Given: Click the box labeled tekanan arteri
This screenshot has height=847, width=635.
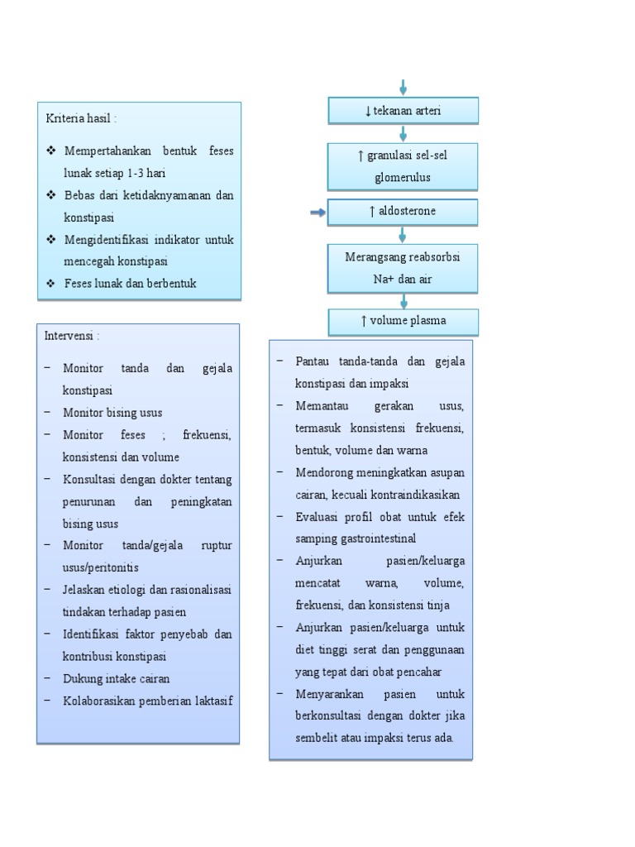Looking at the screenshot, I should pos(403,111).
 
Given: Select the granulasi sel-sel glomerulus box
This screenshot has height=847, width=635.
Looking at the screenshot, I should pos(403,165).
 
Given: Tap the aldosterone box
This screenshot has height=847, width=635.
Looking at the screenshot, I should pos(403,212).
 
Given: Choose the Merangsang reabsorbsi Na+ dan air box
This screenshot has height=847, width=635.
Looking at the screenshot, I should pos(403,268).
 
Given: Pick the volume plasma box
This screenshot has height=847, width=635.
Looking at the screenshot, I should pos(403,322).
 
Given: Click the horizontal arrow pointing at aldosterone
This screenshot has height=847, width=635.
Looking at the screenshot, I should pos(317,213).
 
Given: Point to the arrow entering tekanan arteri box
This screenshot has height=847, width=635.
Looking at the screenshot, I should pos(403,88).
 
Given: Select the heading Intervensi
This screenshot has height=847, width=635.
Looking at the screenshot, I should pos(73,337).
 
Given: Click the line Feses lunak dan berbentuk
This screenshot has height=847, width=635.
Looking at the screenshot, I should pos(130,283).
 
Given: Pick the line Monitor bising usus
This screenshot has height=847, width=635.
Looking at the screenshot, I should pos(112,412).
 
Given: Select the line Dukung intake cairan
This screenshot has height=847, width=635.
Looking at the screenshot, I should pos(116,678).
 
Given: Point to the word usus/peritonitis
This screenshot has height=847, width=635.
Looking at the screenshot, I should pos(101,567).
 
